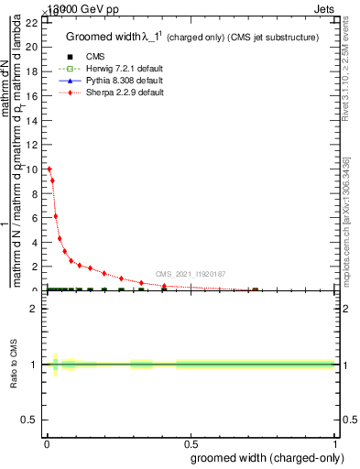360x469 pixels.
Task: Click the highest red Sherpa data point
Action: [49, 169]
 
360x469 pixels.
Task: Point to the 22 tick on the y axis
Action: [43, 22]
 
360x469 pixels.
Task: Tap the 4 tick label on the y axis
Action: [36, 242]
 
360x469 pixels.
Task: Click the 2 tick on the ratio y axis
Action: [36, 309]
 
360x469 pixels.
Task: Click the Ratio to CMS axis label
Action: [14, 365]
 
